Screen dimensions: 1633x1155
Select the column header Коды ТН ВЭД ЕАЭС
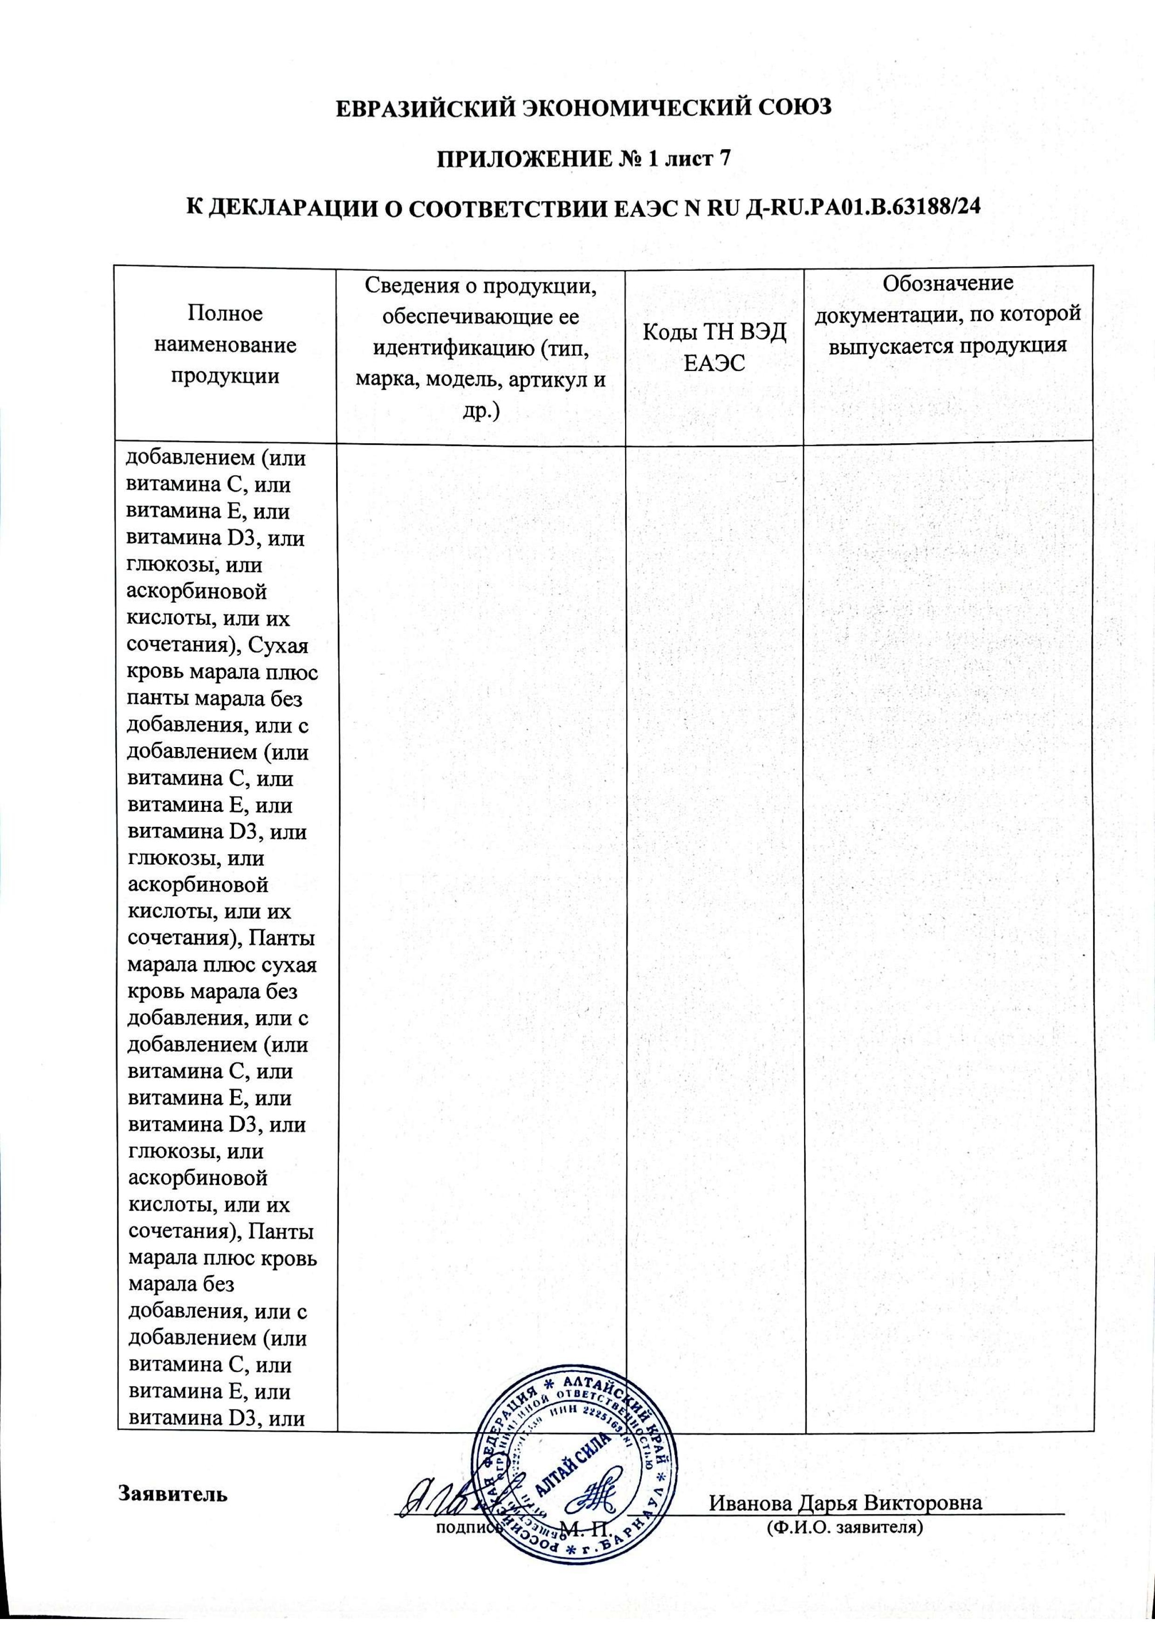tap(714, 348)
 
